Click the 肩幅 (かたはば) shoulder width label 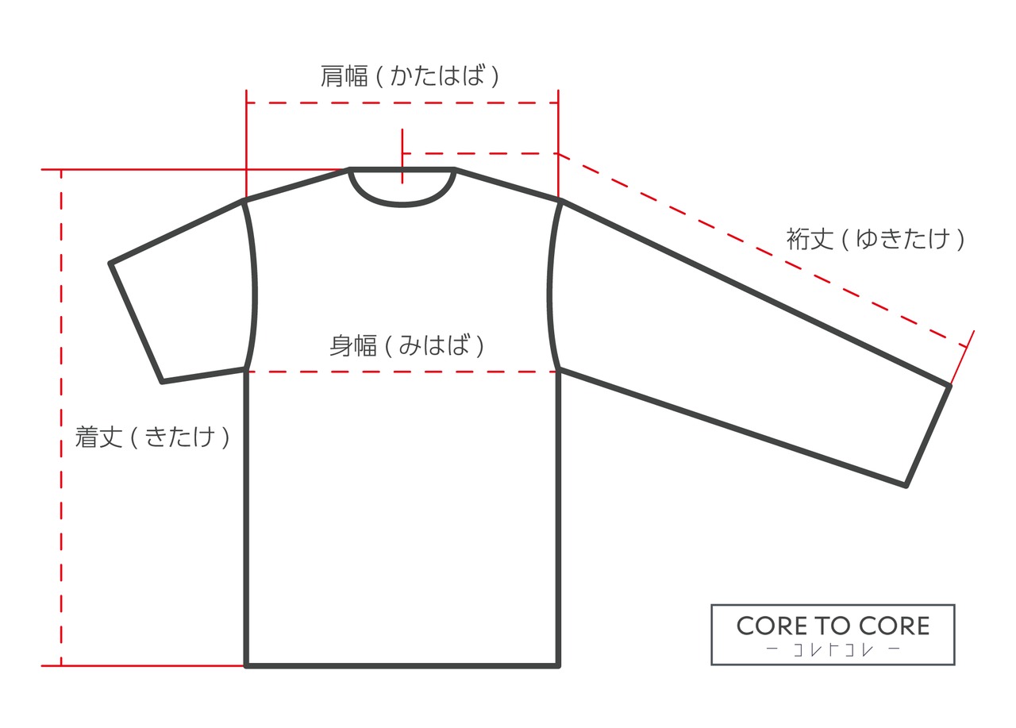(x=410, y=76)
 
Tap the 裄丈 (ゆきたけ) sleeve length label (x=876, y=238)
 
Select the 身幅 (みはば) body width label (x=406, y=346)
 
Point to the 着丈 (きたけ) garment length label (x=152, y=437)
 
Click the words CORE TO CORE (x=833, y=626)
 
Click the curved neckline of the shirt (x=402, y=203)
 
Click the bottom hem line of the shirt (x=402, y=665)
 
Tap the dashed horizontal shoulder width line (x=402, y=103)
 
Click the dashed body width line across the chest (x=402, y=371)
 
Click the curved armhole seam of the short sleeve (x=254, y=286)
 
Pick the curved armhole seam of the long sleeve (x=550, y=286)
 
